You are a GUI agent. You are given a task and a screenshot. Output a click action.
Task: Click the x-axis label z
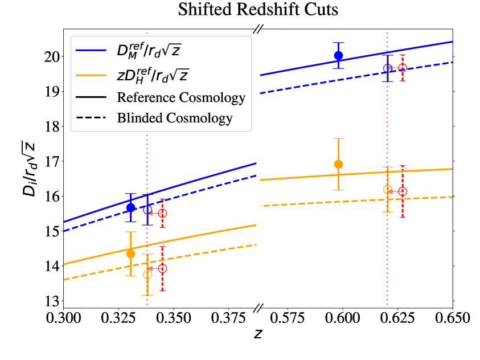(x=258, y=334)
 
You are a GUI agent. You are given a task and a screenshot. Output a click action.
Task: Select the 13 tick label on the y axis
(x=51, y=301)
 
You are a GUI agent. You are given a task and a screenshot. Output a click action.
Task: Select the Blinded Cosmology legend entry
(x=175, y=118)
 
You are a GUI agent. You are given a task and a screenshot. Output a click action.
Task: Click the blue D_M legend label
(x=153, y=51)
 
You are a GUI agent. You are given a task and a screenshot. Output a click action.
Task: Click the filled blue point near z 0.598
(x=338, y=55)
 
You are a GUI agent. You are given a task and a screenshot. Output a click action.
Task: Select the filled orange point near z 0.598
(x=338, y=164)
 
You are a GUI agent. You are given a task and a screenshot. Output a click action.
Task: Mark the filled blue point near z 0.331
(x=131, y=207)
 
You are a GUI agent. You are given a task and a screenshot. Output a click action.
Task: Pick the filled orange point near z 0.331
(x=131, y=253)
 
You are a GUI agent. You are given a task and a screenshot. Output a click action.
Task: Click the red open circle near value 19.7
(x=403, y=68)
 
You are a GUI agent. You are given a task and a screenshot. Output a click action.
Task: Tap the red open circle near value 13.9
(x=162, y=268)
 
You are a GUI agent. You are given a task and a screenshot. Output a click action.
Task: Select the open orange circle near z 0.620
(x=388, y=190)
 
